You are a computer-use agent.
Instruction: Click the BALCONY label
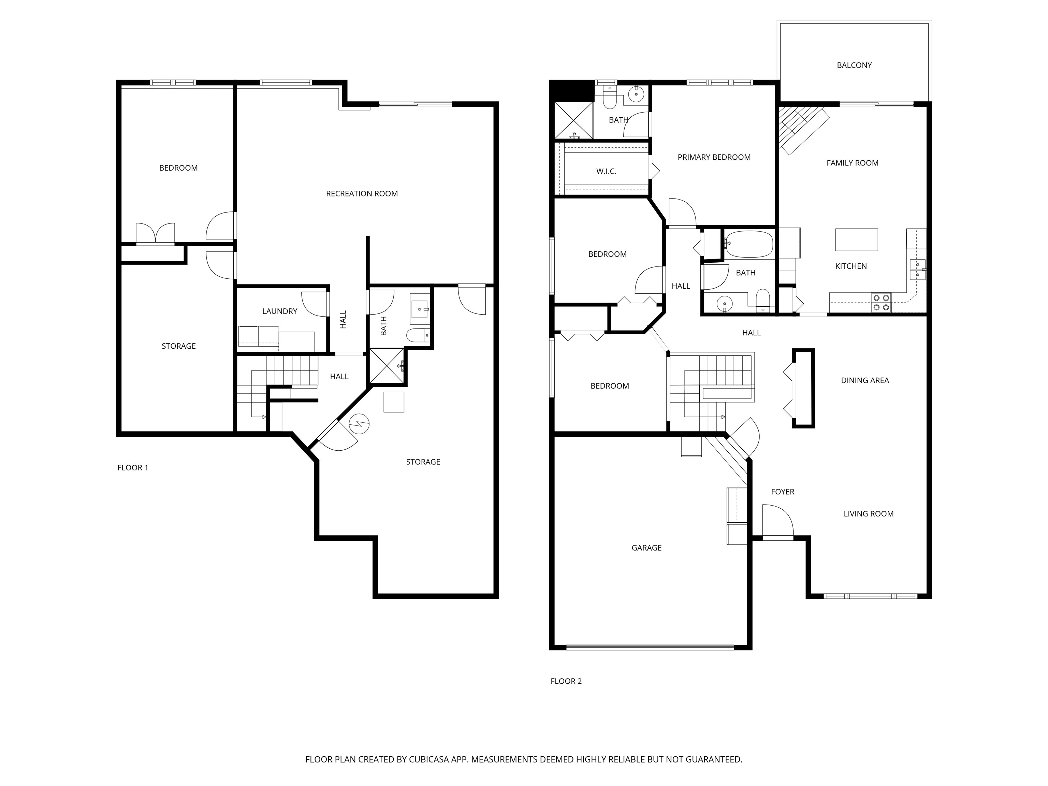point(854,65)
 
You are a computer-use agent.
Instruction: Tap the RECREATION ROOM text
point(362,194)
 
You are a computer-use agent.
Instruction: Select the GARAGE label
point(647,548)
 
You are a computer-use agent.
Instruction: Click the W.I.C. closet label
point(607,172)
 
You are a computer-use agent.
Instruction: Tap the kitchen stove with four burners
point(881,303)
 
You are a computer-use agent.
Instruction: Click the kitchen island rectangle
point(856,240)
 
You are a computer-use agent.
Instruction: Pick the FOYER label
point(783,492)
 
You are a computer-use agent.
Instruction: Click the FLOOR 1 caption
point(133,468)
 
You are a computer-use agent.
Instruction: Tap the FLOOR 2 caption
point(566,681)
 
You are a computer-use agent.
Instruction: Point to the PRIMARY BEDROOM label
point(714,157)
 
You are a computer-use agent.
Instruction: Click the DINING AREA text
point(865,380)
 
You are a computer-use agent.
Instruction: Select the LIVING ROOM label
point(869,513)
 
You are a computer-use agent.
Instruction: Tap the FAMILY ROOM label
point(852,163)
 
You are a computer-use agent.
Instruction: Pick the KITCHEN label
point(851,266)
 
